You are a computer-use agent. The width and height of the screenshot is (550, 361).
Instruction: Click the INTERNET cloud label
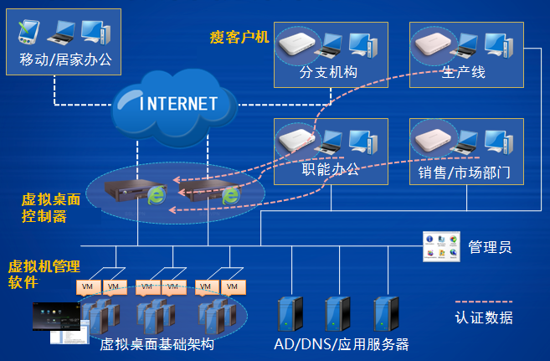click(178, 104)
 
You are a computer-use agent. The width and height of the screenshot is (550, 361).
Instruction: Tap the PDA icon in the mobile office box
click(28, 33)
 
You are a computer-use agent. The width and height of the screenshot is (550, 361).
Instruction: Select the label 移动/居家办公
click(65, 59)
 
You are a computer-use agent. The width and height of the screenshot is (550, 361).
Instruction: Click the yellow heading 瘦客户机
click(239, 37)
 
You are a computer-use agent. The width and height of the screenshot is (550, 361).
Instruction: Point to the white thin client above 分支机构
click(296, 44)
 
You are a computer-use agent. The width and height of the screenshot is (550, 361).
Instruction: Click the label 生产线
click(464, 72)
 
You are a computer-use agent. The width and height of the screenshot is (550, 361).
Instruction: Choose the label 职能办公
click(331, 169)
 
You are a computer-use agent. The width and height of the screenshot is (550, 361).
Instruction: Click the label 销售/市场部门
click(464, 173)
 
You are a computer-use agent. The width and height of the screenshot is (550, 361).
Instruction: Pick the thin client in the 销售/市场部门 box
click(433, 141)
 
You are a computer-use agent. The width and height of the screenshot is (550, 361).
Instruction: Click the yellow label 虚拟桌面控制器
click(51, 208)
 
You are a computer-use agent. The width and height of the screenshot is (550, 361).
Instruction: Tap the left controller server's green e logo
click(157, 195)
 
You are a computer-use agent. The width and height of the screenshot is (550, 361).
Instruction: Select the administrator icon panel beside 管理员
click(441, 246)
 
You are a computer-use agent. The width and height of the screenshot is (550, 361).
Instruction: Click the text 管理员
click(490, 247)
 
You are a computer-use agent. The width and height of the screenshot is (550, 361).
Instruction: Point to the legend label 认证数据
click(484, 317)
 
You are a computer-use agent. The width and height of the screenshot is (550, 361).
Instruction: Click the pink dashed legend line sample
click(484, 302)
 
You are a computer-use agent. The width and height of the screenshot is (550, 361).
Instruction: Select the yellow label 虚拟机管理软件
click(44, 275)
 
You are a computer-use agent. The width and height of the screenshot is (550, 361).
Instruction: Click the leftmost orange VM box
click(89, 287)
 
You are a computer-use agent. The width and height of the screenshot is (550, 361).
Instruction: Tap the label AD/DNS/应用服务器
click(342, 344)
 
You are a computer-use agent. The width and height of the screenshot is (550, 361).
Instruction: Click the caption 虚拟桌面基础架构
click(157, 344)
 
